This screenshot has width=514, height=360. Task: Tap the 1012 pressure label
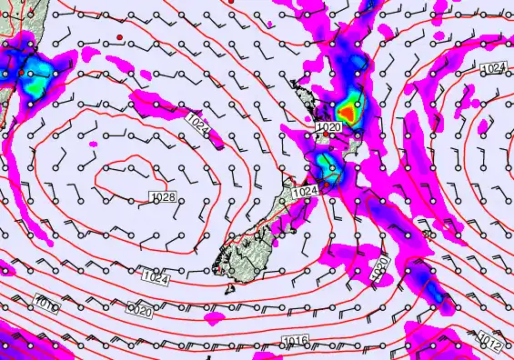pyautogui.click(x=489, y=343)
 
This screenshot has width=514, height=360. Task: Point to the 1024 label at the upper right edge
pyautogui.click(x=492, y=69)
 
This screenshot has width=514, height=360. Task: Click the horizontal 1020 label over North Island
pyautogui.click(x=328, y=127)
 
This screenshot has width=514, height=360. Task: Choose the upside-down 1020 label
pyautogui.click(x=139, y=311)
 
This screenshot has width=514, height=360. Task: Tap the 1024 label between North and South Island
pyautogui.click(x=307, y=192)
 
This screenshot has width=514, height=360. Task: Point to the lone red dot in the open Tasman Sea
pyautogui.click(x=119, y=36)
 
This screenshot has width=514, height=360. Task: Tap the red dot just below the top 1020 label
pyautogui.click(x=327, y=135)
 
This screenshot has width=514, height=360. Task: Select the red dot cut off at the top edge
pyautogui.click(x=232, y=2)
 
